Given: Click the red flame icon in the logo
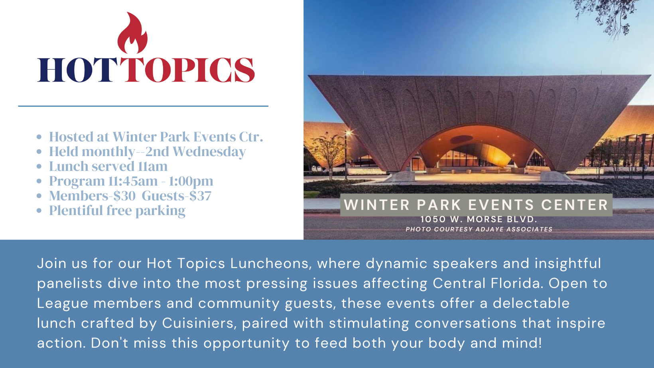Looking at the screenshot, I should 132,34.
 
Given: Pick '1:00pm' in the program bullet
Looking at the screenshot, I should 191,181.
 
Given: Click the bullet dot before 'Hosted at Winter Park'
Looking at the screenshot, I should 39,137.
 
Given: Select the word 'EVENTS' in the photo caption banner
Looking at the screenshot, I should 501,205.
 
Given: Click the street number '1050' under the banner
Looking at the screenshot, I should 433,219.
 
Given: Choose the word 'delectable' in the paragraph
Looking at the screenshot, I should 531,303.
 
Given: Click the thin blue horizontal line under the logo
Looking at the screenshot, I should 143,106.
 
